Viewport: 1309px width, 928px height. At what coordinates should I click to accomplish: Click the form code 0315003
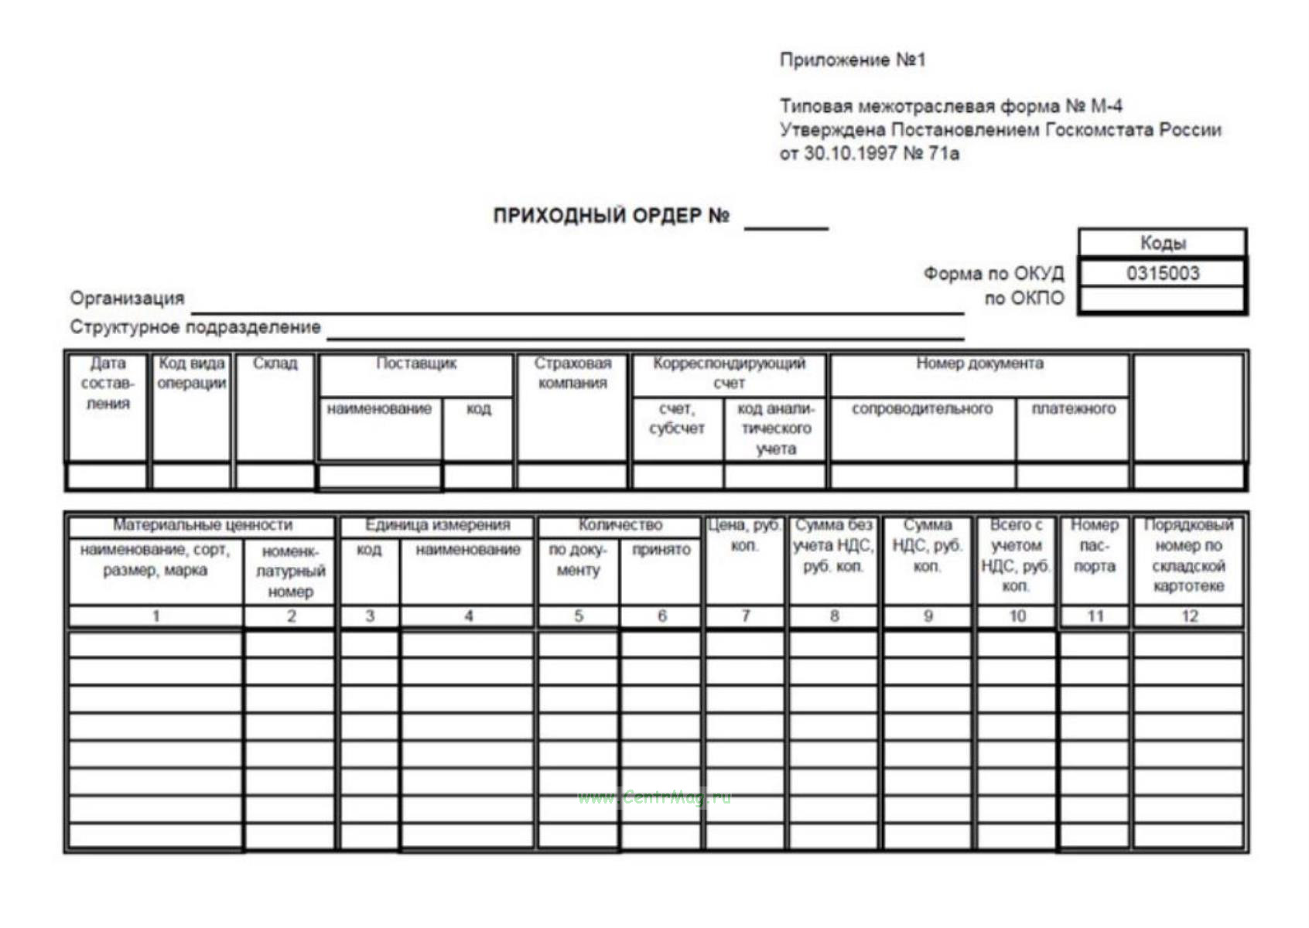click(1162, 273)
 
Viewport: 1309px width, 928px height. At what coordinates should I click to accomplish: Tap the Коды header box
click(1162, 243)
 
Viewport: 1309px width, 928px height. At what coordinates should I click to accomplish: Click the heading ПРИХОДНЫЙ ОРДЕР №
click(611, 216)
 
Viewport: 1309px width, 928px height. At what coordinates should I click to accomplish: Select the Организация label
click(127, 299)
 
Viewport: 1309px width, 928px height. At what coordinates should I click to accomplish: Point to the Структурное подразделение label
click(195, 327)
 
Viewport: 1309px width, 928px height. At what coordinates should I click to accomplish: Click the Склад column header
click(275, 363)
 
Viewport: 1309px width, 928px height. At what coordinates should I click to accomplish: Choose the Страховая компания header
click(572, 373)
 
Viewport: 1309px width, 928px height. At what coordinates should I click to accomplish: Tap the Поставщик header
click(416, 363)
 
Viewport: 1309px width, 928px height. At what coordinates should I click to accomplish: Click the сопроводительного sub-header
click(922, 408)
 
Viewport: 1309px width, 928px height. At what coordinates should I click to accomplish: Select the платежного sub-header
click(1073, 408)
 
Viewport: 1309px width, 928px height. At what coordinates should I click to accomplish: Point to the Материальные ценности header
click(202, 525)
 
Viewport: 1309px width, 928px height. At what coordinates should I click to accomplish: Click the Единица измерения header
click(437, 525)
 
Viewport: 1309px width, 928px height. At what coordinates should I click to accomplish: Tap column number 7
click(745, 616)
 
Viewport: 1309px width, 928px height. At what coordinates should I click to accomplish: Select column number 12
click(1189, 616)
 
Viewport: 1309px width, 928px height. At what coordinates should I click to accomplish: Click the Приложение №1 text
click(853, 60)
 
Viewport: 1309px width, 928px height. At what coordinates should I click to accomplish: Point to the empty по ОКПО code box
click(1162, 299)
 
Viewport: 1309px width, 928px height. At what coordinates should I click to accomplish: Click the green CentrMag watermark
click(654, 797)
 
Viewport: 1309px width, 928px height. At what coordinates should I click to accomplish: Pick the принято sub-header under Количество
click(661, 550)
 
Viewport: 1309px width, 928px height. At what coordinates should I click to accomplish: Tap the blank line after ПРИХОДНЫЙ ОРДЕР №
click(786, 224)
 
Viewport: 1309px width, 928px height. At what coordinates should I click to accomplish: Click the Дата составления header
click(108, 383)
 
